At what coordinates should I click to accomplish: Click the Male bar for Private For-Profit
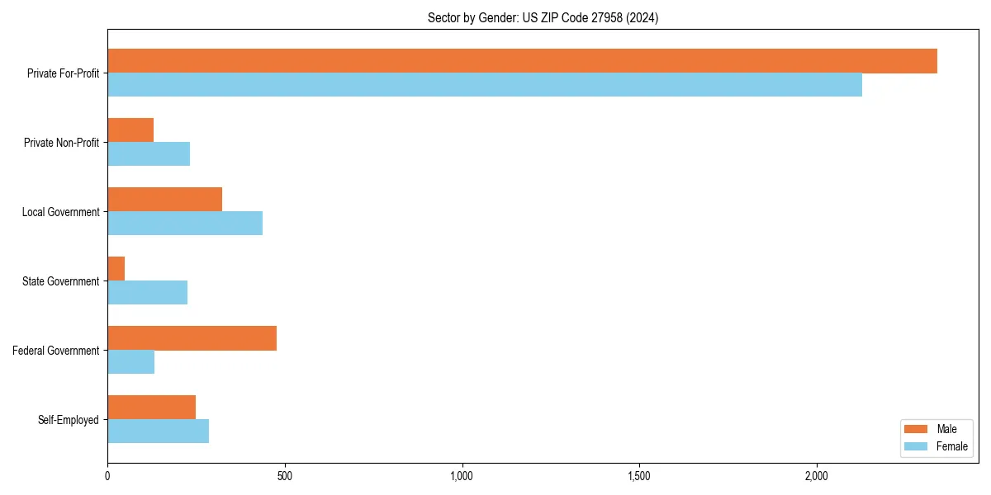coord(522,61)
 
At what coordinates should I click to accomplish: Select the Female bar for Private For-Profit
coord(485,84)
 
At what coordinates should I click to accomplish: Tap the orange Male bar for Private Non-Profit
coord(130,130)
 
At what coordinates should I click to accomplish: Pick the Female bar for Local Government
coord(185,223)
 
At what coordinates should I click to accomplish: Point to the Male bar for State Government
coord(116,269)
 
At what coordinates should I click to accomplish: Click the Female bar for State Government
coord(148,292)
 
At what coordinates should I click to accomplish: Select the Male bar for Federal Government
coord(192,338)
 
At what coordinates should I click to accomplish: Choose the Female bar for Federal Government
coord(131,361)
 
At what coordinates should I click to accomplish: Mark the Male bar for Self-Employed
coord(152,408)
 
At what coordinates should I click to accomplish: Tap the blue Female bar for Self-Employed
coord(159,431)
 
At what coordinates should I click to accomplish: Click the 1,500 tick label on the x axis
coord(639,476)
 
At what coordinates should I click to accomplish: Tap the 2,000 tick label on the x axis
coord(817,476)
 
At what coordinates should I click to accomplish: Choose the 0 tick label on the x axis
coord(107,476)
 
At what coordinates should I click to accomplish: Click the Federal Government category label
coord(56,351)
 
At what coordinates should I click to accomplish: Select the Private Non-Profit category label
coord(61,143)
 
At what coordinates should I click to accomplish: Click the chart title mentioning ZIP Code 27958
coord(543,17)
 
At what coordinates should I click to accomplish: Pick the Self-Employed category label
coord(69,420)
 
